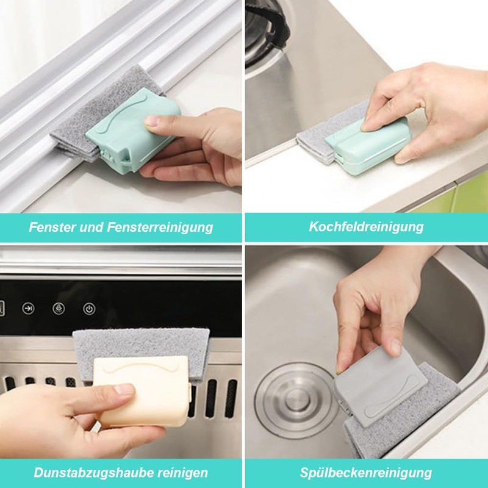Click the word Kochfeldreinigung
tap(366, 227)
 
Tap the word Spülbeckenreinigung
tap(365, 473)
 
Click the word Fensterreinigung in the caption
tap(160, 227)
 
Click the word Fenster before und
tap(52, 227)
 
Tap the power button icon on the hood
tap(89, 309)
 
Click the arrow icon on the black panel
tap(28, 309)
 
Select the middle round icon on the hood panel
tap(59, 309)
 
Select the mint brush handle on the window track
tap(133, 129)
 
